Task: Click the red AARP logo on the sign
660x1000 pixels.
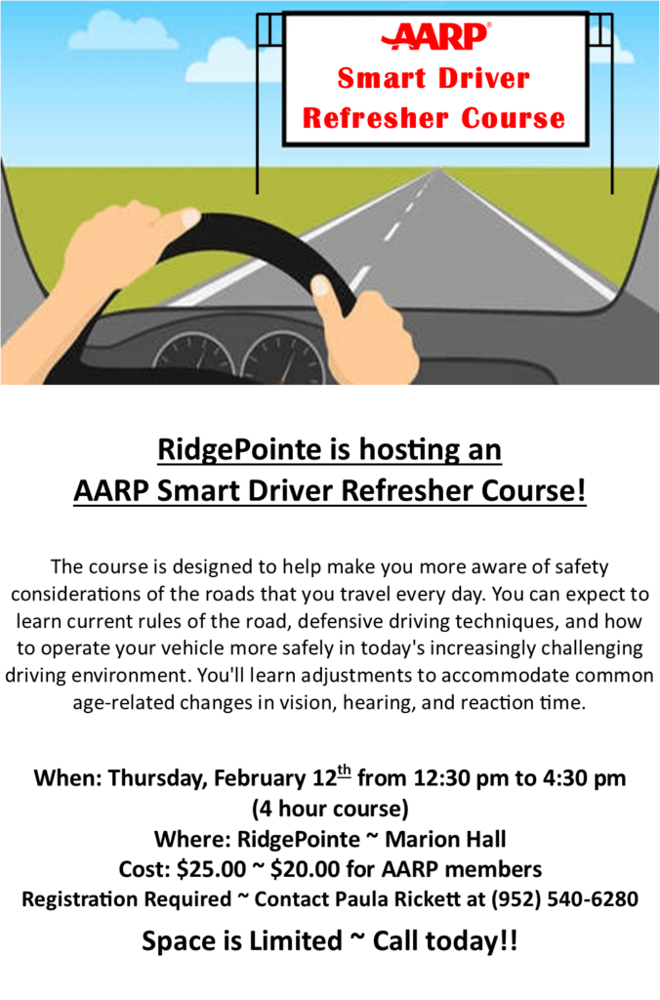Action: pyautogui.click(x=436, y=36)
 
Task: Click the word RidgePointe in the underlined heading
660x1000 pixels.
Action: pyautogui.click(x=240, y=449)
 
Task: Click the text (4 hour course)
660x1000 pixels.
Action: pyautogui.click(x=330, y=809)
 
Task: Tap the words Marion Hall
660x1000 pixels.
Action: pyautogui.click(x=446, y=839)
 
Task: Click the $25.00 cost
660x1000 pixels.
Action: pyautogui.click(x=211, y=868)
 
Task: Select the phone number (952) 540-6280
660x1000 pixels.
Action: pyautogui.click(x=564, y=898)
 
